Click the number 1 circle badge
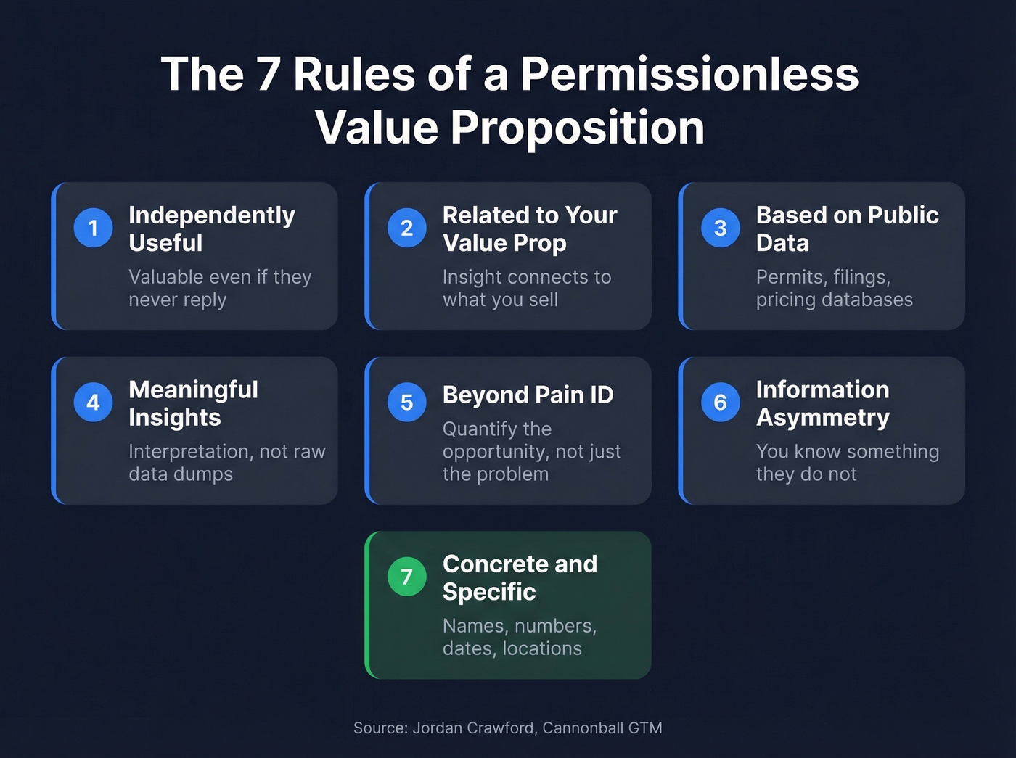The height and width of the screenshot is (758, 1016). pos(93,228)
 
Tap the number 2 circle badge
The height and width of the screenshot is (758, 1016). pos(406,228)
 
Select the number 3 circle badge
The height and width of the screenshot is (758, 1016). pos(720,228)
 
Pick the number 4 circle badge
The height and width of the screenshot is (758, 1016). pos(93,402)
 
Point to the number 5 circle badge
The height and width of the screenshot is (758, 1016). pos(406,402)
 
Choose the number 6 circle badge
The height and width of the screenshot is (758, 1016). pos(720,402)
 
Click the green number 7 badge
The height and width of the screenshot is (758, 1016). pos(406,577)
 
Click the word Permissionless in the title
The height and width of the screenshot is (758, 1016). pos(689,74)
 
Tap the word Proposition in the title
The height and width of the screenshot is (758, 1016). pos(577,128)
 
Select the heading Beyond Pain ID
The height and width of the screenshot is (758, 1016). pos(528,395)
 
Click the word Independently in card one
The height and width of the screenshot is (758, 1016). pos(212,215)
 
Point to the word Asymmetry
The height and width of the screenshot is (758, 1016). pos(822,418)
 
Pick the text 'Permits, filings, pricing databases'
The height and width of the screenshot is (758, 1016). pos(834,288)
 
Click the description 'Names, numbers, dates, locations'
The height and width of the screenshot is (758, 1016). pos(519,637)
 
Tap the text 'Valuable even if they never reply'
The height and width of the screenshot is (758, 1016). pos(219,288)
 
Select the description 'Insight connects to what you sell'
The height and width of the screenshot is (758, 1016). pos(526,288)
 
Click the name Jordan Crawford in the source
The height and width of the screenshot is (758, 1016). pos(474,728)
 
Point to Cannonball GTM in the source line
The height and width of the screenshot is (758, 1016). pos(602,728)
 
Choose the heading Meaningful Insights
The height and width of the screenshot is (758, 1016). pos(192,403)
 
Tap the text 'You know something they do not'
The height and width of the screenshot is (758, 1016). pos(847,462)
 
